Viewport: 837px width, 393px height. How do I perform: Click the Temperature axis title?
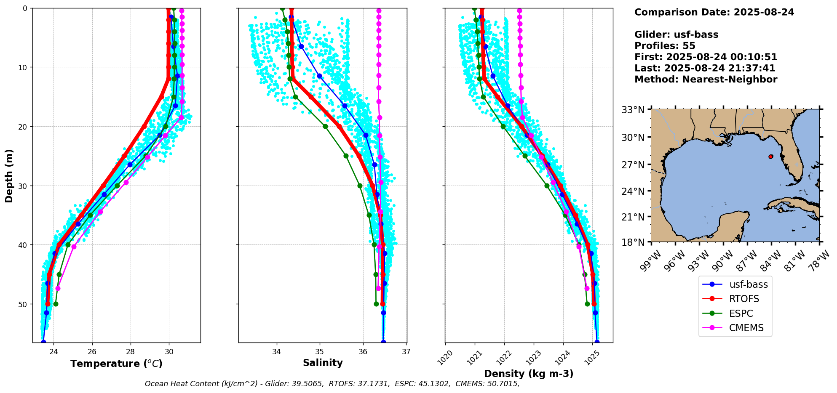(x=116, y=364)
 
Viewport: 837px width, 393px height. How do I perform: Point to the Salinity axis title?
(x=323, y=363)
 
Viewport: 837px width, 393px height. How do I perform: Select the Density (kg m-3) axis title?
(x=529, y=374)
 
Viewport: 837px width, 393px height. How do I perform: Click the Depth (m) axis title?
(x=9, y=175)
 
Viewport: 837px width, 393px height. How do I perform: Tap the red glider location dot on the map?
(x=771, y=157)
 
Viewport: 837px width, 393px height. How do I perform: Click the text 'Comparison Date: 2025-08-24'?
(x=714, y=12)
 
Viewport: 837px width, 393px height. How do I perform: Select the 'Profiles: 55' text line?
(x=665, y=46)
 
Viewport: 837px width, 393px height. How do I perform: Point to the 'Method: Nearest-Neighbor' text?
(x=706, y=80)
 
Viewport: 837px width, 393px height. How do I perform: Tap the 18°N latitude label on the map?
(x=633, y=243)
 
